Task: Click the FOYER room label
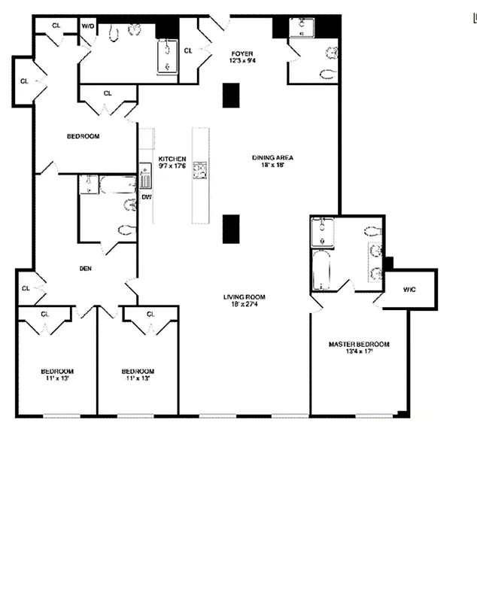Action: [x=242, y=53]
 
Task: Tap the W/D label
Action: [x=88, y=26]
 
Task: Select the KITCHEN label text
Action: [x=172, y=158]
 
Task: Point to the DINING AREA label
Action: [x=272, y=158]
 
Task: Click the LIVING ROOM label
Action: [x=244, y=296]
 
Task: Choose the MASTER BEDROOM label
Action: [x=359, y=344]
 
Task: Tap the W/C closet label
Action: [x=410, y=289]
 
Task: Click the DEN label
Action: [x=86, y=268]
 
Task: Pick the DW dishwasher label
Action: [x=146, y=196]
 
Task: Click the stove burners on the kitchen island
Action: [x=199, y=171]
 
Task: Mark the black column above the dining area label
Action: [x=231, y=95]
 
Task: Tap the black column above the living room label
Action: [x=231, y=229]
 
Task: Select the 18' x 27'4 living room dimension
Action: [x=244, y=305]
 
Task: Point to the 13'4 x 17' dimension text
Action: [x=359, y=352]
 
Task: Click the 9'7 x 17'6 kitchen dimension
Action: [x=172, y=166]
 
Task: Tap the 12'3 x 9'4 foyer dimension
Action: [x=242, y=61]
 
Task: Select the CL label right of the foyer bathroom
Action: [x=188, y=50]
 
